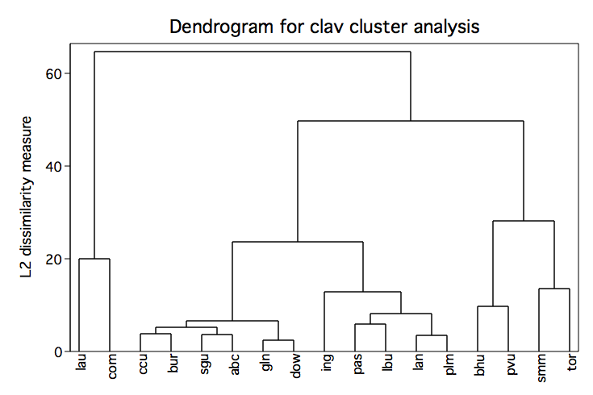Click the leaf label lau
[x=81, y=362]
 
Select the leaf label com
[x=112, y=366]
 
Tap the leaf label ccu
[x=143, y=364]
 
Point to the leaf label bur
[x=173, y=364]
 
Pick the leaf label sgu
[x=205, y=364]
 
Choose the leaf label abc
[x=235, y=364]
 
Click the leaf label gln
[x=266, y=363]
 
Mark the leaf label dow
[x=297, y=366]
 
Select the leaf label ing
[x=328, y=363]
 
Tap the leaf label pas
[x=358, y=364]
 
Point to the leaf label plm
[x=450, y=364]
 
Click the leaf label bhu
[x=479, y=364]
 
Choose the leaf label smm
[x=542, y=368]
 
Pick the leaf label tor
[x=572, y=362]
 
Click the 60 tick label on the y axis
[x=54, y=73]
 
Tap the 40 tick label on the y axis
[x=54, y=166]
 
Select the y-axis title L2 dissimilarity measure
[x=27, y=197]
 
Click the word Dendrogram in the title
[x=221, y=27]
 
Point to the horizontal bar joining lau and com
[x=94, y=259]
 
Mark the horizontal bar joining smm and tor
[x=554, y=289]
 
